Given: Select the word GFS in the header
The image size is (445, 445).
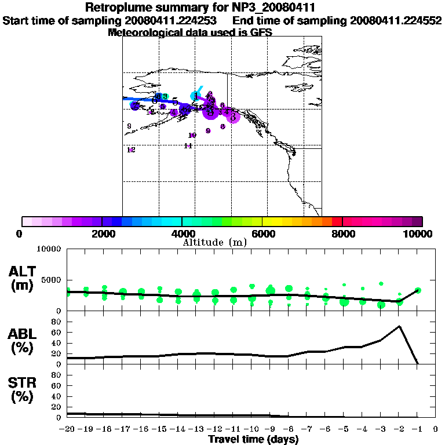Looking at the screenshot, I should [x=260, y=32].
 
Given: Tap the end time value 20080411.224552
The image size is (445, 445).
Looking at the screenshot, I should [x=396, y=20].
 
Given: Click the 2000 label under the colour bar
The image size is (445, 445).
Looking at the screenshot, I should [x=101, y=234].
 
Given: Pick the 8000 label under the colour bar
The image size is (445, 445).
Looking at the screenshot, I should [x=342, y=234].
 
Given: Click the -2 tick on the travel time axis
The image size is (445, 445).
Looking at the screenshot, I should [x=399, y=429].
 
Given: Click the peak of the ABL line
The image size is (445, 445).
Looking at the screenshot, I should [x=399, y=326].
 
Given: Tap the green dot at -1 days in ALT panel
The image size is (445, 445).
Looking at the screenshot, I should [x=418, y=290].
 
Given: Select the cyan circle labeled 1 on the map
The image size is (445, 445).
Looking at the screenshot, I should [x=195, y=96].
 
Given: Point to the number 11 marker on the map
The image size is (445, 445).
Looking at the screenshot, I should [x=188, y=146].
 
